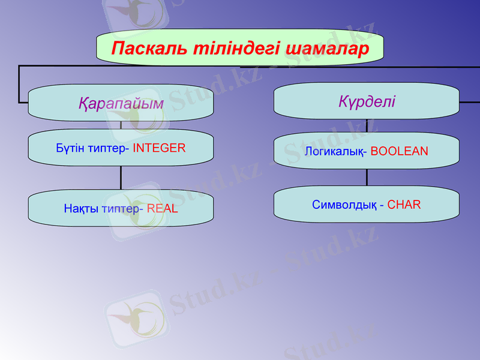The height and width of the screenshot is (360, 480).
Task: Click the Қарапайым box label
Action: (x=121, y=103)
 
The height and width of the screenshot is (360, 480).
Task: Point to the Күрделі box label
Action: (x=367, y=101)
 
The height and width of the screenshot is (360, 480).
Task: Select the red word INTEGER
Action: (x=159, y=148)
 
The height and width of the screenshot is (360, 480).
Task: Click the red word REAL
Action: (x=162, y=209)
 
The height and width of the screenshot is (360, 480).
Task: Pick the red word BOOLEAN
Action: (x=399, y=151)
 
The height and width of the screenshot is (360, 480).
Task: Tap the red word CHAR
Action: (x=404, y=205)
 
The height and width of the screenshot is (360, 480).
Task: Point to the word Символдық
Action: (x=344, y=205)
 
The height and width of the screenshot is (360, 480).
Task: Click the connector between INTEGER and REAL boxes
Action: (x=121, y=178)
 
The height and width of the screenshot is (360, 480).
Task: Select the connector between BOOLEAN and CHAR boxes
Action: (x=367, y=177)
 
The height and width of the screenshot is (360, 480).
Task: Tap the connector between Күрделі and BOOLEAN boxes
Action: (x=367, y=125)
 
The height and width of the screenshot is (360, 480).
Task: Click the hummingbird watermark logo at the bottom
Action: (x=133, y=318)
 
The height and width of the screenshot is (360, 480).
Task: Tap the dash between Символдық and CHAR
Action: (x=382, y=205)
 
